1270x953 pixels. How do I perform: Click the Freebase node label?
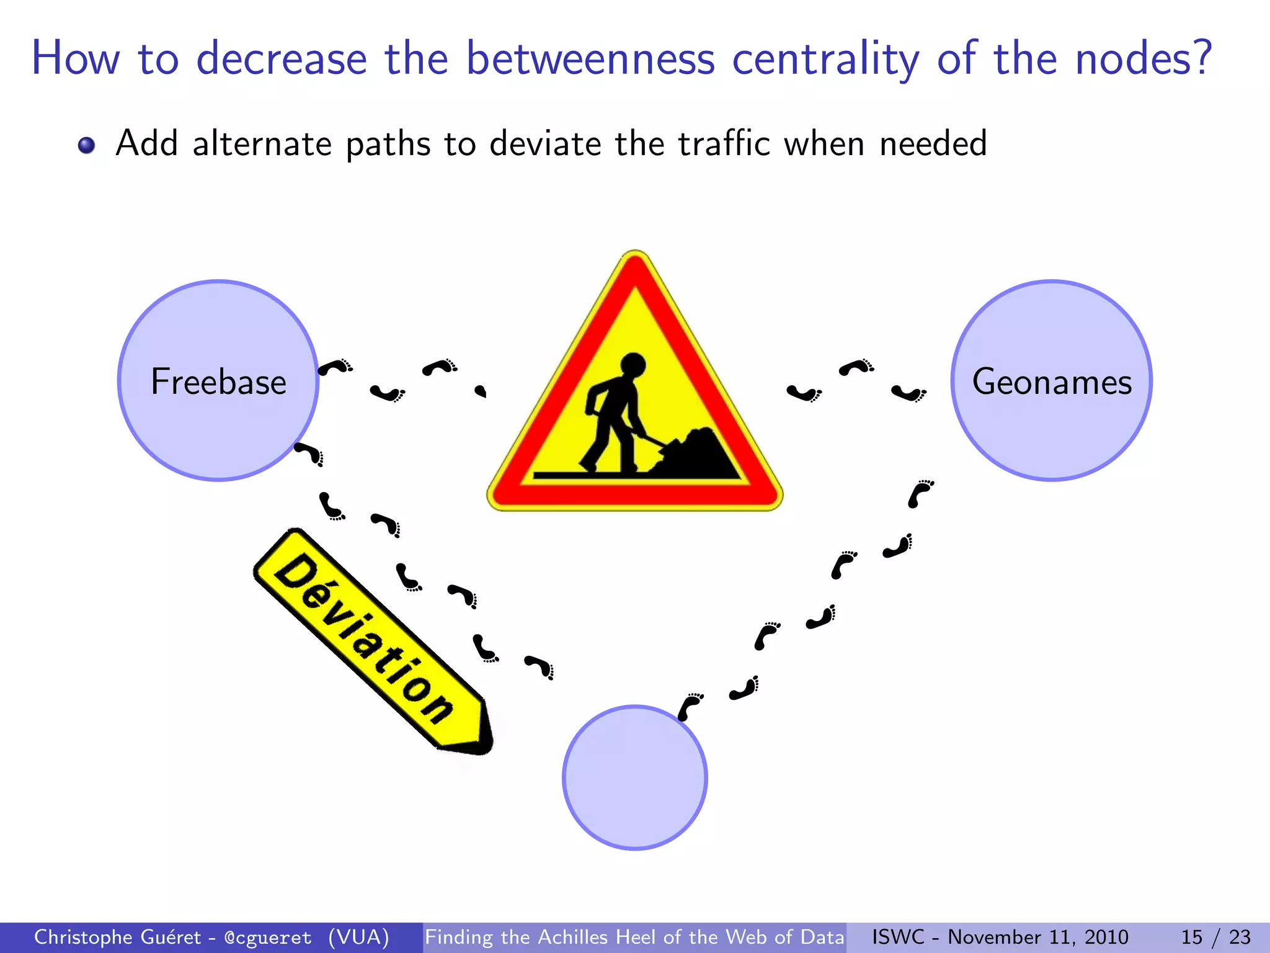click(218, 381)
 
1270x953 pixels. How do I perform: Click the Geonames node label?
click(1052, 381)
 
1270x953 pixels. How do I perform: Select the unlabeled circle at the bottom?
click(634, 777)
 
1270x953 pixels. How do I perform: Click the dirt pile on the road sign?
click(698, 454)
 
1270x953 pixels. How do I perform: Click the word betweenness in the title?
click(590, 58)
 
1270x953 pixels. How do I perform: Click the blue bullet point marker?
click(86, 145)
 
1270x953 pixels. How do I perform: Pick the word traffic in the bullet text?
click(724, 144)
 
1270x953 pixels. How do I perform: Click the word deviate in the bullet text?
click(545, 144)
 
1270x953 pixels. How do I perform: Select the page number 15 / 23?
click(1215, 937)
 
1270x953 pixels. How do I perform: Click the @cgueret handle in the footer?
click(268, 937)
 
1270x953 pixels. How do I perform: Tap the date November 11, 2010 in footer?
click(1037, 937)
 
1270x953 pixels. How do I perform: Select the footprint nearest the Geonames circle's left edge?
click(908, 393)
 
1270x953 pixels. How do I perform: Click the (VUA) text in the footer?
click(358, 937)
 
